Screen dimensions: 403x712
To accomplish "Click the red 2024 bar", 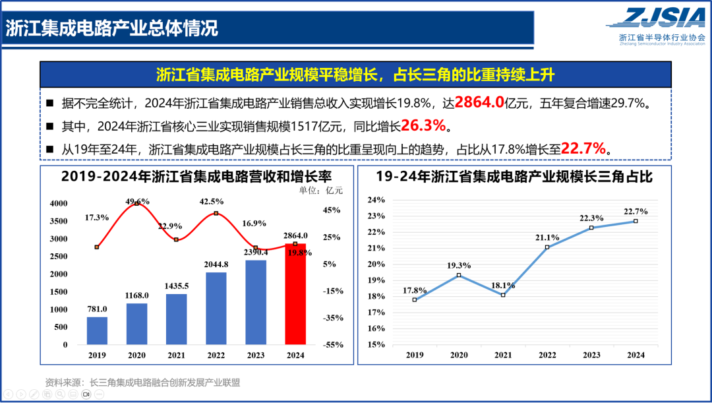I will tap(295, 294).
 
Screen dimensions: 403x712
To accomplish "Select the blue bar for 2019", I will tap(97, 330).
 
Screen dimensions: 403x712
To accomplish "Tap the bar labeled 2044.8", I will tap(216, 308).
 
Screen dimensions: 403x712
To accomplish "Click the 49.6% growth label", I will tap(137, 201).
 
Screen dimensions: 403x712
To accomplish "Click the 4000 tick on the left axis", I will tap(59, 203).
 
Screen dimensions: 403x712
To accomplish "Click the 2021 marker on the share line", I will tap(503, 295).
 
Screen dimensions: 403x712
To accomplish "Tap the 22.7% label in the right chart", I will tap(635, 212).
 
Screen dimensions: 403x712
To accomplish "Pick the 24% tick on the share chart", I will tap(376, 200).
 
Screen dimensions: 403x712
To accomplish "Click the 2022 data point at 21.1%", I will tap(547, 247).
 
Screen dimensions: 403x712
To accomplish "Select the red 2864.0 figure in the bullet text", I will tap(479, 102).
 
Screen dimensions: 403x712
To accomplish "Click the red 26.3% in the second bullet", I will tap(424, 125).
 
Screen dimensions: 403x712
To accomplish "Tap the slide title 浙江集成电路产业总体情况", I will tap(112, 28).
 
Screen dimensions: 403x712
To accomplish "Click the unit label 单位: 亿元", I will tap(321, 190).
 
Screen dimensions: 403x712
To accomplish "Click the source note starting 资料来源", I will tap(142, 382).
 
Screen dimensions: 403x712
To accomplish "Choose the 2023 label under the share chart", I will tap(591, 356).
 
